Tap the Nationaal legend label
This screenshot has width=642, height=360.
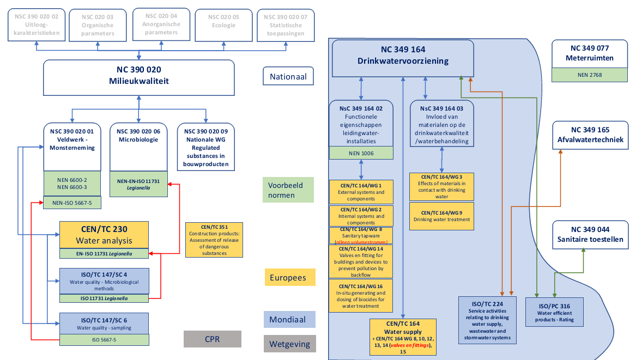coord(288,77)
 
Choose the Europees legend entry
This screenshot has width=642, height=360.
coord(289,277)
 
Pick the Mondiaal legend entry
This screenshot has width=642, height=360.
coord(289,320)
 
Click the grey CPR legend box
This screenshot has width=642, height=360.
coord(213,339)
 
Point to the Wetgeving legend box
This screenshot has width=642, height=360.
coord(289,344)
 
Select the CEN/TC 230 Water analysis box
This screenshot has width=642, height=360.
coord(104,234)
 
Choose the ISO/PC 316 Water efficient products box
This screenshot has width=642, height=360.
coord(554,312)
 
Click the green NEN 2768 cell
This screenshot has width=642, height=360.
coord(590,75)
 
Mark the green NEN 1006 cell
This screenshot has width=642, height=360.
coord(361,153)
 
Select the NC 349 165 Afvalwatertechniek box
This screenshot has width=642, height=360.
coord(590,136)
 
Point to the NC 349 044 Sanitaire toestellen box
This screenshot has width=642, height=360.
coord(590,235)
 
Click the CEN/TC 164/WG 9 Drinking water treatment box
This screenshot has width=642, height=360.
coord(441,216)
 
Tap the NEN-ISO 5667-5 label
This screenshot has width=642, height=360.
coord(72,204)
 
